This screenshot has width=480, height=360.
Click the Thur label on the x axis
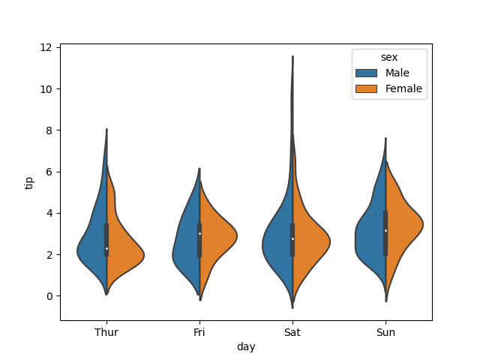106,331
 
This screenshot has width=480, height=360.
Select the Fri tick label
199,331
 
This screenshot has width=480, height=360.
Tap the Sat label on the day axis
292,331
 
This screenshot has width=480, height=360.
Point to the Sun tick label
385,331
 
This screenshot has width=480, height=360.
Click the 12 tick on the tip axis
46,47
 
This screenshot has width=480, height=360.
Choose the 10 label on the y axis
46,89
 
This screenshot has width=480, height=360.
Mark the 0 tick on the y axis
49,296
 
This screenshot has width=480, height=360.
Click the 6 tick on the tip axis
49,172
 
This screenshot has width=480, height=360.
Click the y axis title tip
30,181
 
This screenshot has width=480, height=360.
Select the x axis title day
246,346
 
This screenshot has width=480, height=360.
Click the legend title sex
389,57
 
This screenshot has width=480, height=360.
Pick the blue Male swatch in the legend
367,73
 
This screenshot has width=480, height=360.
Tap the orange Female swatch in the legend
367,88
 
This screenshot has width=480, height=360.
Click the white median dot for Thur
106,248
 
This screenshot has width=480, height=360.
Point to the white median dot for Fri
199,233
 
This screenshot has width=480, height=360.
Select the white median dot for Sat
292,238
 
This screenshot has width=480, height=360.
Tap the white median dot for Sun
385,230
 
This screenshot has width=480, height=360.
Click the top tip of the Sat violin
292,57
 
